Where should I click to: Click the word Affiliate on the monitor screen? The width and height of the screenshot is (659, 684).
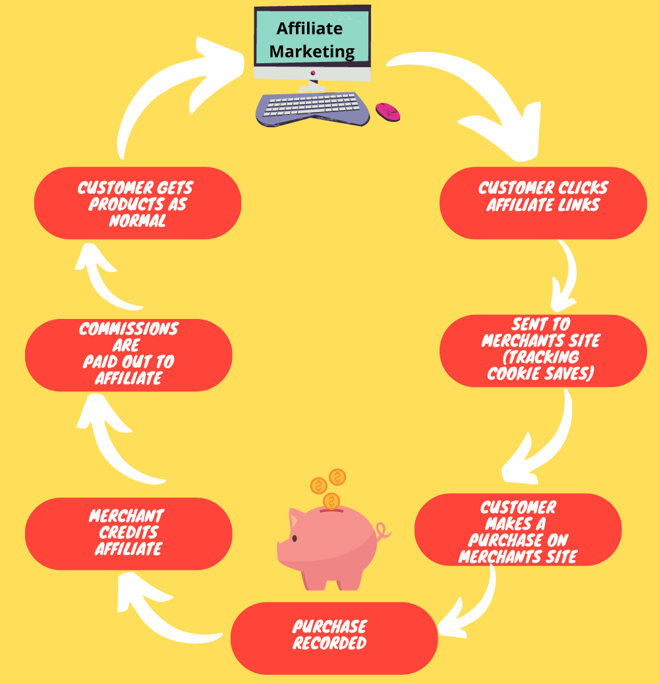(x=310, y=28)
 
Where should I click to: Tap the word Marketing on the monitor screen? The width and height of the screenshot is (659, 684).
(x=312, y=51)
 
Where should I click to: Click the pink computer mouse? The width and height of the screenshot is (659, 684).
(x=387, y=112)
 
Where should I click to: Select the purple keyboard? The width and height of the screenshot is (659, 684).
(x=312, y=109)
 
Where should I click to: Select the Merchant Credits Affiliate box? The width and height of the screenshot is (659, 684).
(x=129, y=533)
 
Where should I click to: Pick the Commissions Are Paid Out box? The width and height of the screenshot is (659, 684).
(x=129, y=354)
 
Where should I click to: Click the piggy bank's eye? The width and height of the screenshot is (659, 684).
(x=294, y=538)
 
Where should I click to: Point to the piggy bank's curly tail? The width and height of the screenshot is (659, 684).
(x=382, y=530)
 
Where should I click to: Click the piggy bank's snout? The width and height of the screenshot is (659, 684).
(x=281, y=549)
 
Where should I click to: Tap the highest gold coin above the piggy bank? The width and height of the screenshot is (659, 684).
(x=337, y=476)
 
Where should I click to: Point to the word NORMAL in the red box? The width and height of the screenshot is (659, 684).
(x=138, y=221)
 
